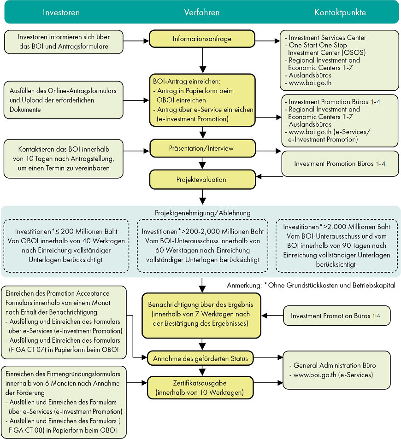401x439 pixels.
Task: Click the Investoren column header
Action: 61,12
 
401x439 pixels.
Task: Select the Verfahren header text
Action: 202,12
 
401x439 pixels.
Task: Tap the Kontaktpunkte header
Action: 340,12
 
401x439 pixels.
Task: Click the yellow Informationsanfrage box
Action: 202,39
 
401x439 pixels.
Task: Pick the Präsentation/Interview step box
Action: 203,148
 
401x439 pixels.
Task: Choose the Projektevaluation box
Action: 203,180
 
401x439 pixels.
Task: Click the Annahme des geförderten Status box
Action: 200,358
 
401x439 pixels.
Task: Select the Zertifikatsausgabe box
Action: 200,388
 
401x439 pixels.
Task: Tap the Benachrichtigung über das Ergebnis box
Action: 201,315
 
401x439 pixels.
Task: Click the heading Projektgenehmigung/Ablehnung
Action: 203,213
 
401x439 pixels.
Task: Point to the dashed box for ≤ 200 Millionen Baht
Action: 66,246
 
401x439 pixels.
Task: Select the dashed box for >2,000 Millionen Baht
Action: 336,246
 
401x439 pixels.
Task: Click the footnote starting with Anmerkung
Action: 311,285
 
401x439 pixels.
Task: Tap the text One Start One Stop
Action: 318,45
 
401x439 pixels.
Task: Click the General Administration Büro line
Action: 333,365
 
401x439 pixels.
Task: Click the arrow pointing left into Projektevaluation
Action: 269,176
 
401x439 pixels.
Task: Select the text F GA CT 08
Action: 26,430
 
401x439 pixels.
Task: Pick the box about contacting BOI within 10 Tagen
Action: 63,159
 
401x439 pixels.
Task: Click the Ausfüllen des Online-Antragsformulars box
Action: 63,100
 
